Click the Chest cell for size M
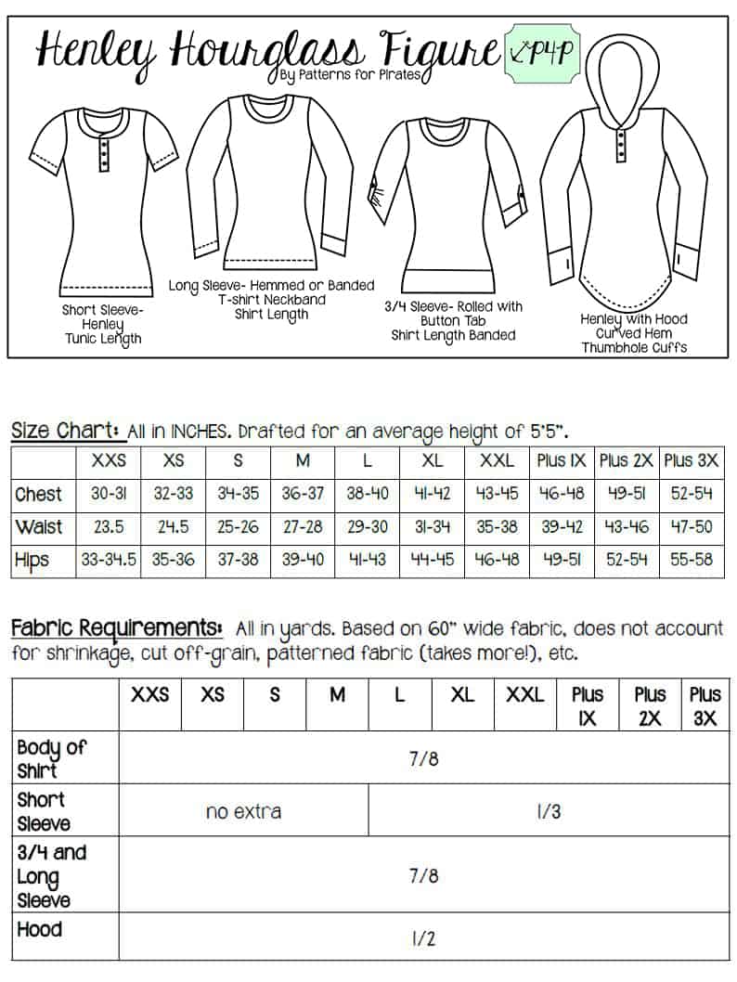(303, 494)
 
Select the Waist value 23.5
(110, 526)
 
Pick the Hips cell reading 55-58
(692, 560)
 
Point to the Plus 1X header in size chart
(561, 460)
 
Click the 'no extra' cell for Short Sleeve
(243, 811)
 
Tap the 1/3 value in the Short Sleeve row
(549, 811)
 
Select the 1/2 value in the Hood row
(422, 938)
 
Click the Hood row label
(40, 929)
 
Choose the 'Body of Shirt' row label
(51, 757)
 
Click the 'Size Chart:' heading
(65, 431)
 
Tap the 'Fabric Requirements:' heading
(116, 627)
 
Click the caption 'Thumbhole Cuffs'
(633, 347)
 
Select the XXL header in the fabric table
(524, 694)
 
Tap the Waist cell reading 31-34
(432, 526)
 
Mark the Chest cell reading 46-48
(561, 494)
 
